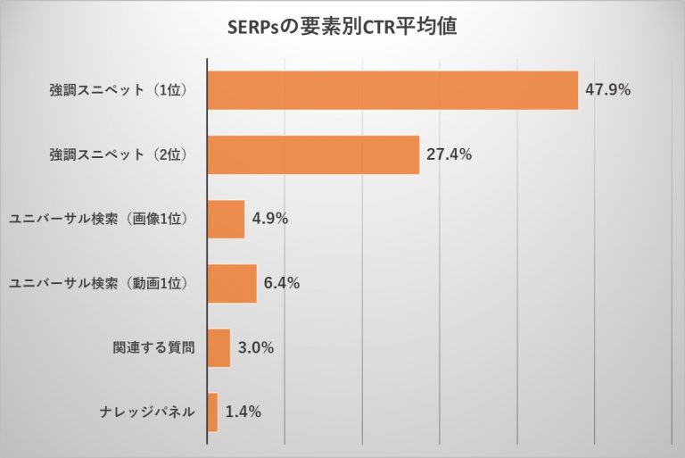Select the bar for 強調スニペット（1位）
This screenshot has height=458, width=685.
[392, 89]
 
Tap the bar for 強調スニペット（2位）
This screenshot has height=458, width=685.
[313, 154]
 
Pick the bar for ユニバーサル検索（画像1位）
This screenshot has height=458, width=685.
[226, 219]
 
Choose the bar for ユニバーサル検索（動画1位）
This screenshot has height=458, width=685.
[232, 284]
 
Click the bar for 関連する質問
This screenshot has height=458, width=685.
[219, 348]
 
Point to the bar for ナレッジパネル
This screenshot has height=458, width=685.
[212, 412]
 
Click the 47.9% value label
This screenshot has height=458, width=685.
[608, 89]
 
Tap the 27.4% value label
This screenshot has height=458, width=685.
[449, 154]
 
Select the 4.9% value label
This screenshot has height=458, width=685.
[270, 219]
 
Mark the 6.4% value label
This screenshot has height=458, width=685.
[282, 284]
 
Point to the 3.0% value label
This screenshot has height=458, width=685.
[256, 348]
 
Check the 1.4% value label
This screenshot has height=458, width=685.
[243, 412]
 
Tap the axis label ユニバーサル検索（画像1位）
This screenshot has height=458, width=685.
[99, 220]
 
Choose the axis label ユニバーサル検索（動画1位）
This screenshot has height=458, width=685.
[99, 284]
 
